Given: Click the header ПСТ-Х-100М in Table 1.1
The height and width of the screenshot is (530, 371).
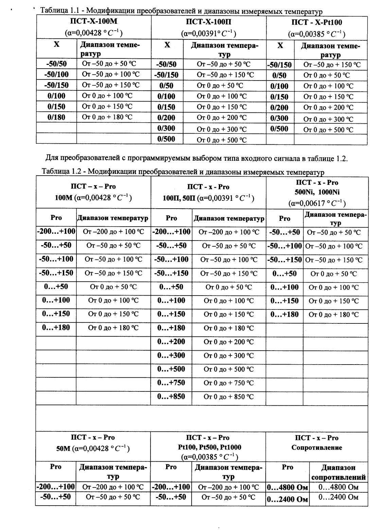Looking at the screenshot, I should pyautogui.click(x=94, y=22).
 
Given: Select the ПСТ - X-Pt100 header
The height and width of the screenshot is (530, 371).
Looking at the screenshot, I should pyautogui.click(x=317, y=23).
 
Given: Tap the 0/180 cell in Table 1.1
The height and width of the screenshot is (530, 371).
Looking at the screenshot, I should pyautogui.click(x=56, y=117).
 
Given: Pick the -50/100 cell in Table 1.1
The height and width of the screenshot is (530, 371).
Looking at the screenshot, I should pyautogui.click(x=56, y=74).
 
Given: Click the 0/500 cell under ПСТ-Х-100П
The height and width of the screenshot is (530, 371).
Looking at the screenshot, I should pyautogui.click(x=166, y=139).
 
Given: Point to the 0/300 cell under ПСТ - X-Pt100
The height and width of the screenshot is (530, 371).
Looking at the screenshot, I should pyautogui.click(x=279, y=118).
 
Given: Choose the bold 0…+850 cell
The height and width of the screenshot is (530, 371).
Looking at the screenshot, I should pyautogui.click(x=171, y=396).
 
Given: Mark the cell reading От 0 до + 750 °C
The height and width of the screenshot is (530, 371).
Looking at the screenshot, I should pyautogui.click(x=229, y=383).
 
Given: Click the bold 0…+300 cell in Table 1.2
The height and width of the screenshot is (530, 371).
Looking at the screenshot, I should pyautogui.click(x=171, y=355).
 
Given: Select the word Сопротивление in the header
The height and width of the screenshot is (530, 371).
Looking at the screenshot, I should pyautogui.click(x=317, y=447).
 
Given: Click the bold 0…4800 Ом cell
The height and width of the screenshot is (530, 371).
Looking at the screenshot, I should pyautogui.click(x=287, y=488).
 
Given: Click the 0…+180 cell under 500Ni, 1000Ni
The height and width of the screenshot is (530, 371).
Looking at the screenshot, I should pyautogui.click(x=284, y=314).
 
